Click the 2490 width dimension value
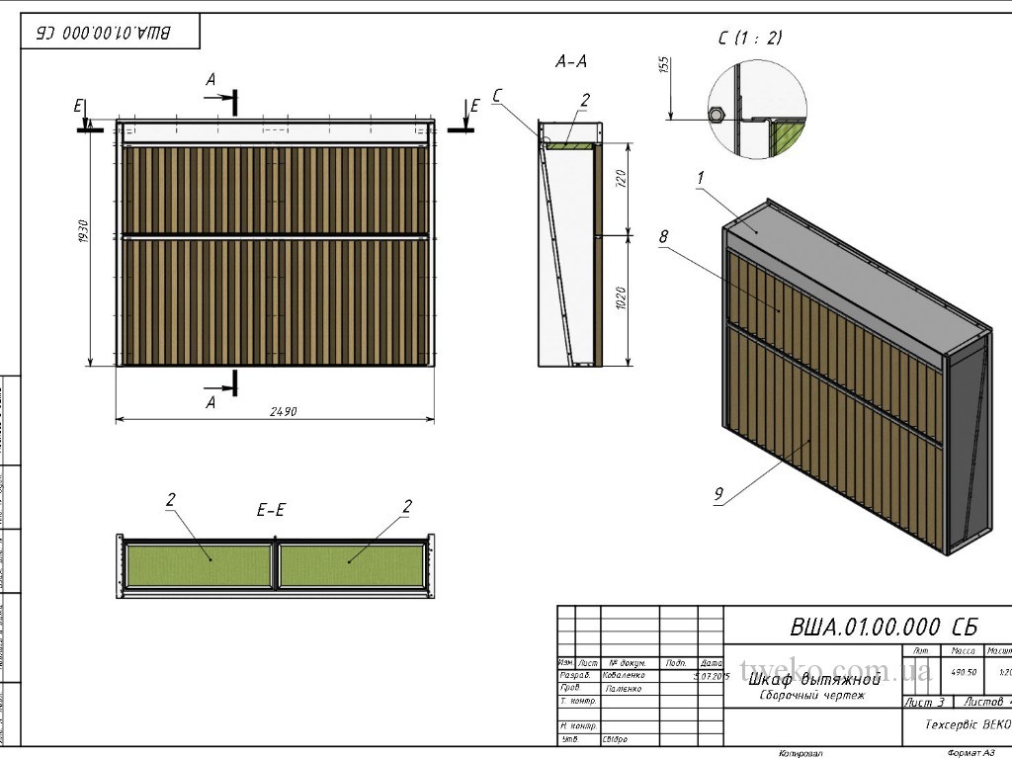pos(284,411)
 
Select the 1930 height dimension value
pos(84,238)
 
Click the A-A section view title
pos(571,61)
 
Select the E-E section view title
pos(272,510)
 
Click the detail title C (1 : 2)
pos(750,38)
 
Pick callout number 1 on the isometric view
pos(700,178)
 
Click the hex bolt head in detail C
pos(717,113)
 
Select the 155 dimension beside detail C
pos(664,66)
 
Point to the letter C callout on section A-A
pos(497,95)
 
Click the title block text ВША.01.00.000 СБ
pos(884,627)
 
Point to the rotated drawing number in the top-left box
pos(104,33)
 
